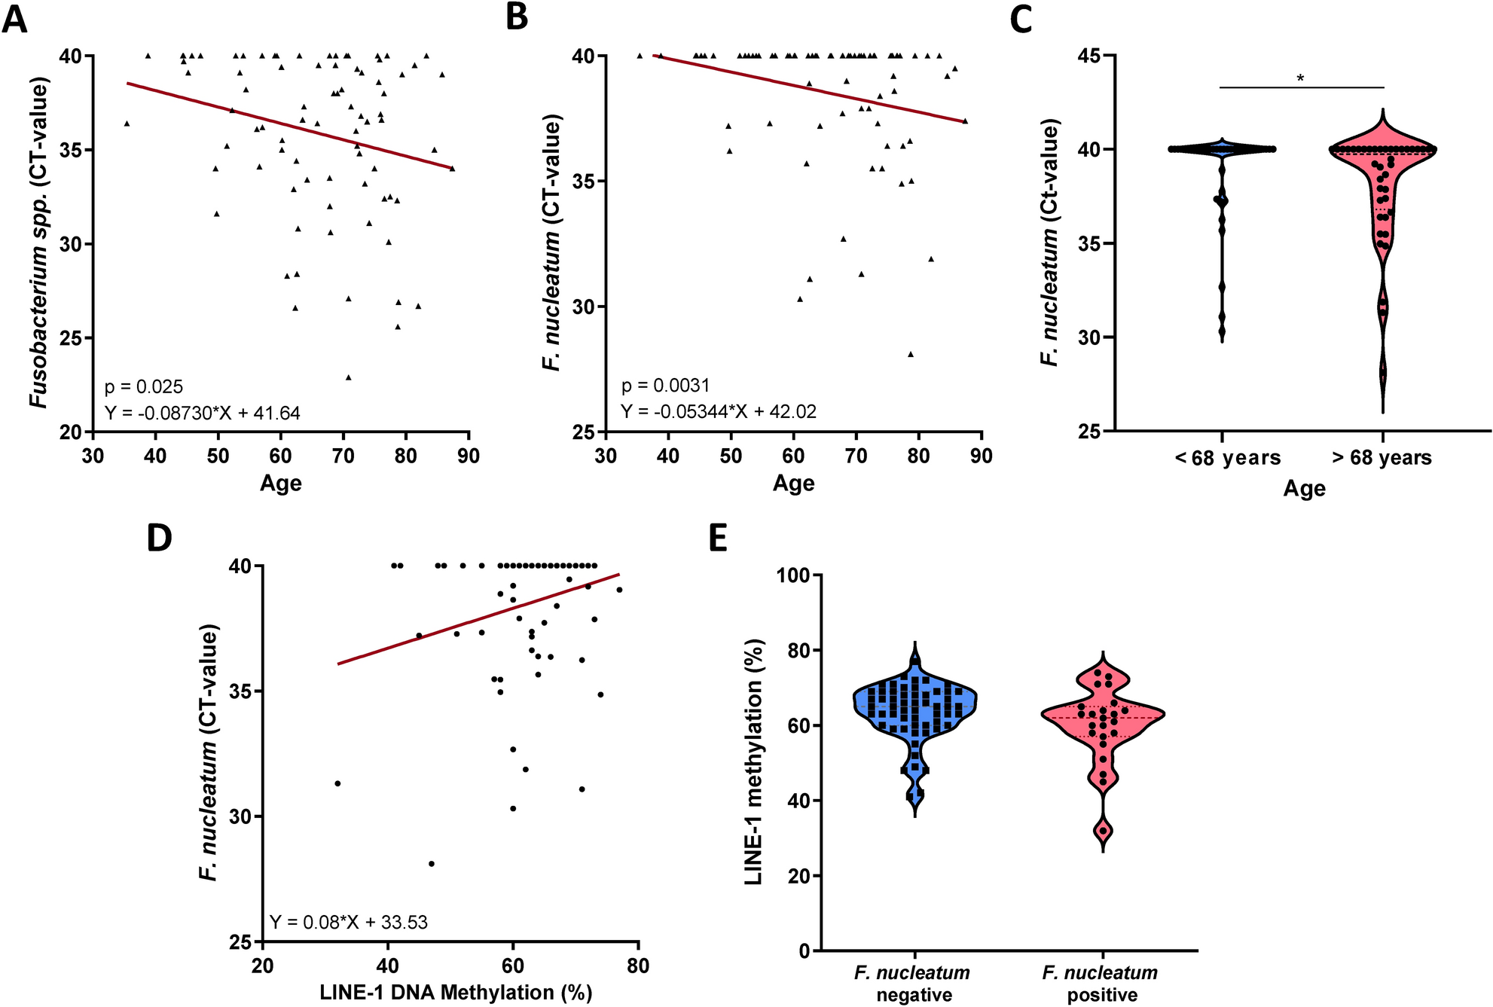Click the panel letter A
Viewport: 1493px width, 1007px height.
coord(14,20)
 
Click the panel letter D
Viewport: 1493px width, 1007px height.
coord(159,538)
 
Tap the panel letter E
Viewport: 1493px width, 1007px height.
coord(718,538)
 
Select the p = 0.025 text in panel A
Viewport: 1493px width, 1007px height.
coord(143,386)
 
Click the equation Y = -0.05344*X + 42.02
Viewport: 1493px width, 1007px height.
coord(719,411)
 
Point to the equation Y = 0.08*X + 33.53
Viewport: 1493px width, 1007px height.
coord(349,922)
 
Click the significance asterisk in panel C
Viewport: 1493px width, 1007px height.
coord(1300,78)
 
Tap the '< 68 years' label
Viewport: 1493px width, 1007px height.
coord(1227,457)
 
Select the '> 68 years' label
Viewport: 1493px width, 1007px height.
coord(1382,457)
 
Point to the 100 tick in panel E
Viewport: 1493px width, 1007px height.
coord(793,575)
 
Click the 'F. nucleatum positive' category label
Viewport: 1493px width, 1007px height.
coord(1101,983)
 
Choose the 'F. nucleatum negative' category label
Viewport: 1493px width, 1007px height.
coord(913,983)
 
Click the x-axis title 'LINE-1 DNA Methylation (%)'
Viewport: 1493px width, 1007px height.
coord(456,992)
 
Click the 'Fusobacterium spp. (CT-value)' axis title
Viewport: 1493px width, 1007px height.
coord(38,242)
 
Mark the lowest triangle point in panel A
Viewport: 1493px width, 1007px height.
coord(348,377)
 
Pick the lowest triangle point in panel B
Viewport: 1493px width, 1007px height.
coord(910,354)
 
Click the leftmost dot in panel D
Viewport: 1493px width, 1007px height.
coord(337,783)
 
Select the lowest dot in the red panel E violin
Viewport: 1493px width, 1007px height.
coord(1103,831)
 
